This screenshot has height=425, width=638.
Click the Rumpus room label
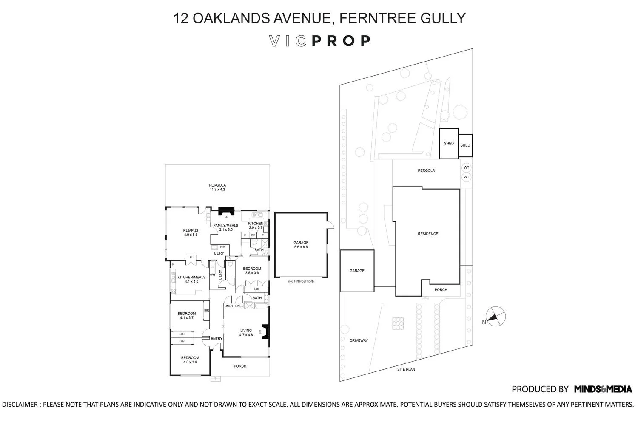(x=191, y=232)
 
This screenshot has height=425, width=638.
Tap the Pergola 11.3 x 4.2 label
(x=217, y=187)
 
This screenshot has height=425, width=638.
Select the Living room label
(x=246, y=332)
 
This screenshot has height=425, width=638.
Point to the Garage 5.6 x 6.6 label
(x=301, y=244)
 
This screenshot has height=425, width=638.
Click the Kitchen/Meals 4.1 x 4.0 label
(x=189, y=279)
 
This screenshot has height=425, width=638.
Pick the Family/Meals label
(x=226, y=227)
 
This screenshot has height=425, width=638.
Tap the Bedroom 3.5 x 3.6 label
(x=252, y=270)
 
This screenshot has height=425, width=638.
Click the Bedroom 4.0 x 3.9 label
(x=190, y=360)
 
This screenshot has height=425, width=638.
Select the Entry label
(x=216, y=339)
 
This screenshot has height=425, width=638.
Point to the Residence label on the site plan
(x=427, y=234)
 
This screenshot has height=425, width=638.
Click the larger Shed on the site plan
(x=449, y=144)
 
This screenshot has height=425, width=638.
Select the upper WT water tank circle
(x=466, y=167)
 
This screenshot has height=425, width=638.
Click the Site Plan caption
(x=406, y=369)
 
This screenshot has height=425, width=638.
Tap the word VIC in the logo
(x=288, y=41)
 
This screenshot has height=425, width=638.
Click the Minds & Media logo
(x=603, y=389)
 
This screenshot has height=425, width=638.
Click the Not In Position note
(x=301, y=281)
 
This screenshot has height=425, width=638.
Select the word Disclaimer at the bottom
(x=20, y=404)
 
